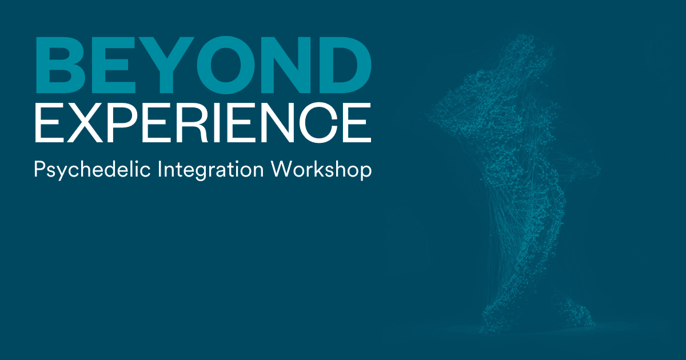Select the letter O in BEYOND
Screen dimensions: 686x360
(226, 65)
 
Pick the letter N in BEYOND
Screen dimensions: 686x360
(288, 65)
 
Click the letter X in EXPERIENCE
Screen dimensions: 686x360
(82, 122)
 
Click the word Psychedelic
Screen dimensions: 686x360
(92, 170)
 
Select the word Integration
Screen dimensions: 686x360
(210, 170)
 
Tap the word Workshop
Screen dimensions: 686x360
(321, 170)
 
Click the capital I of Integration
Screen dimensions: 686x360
(159, 169)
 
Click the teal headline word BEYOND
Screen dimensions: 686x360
(204, 65)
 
